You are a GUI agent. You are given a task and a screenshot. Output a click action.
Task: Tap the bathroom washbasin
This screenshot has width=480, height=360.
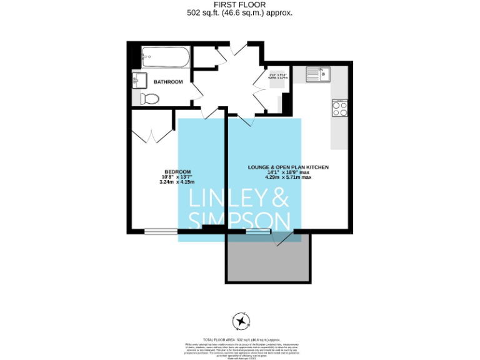(x=139, y=80)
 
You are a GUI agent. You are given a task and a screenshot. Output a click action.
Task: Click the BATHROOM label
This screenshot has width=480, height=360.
(x=168, y=82)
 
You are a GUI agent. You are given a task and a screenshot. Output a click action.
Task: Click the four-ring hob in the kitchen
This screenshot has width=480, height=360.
(x=340, y=109)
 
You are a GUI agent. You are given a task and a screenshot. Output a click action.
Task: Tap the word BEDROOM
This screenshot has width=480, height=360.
(x=177, y=172)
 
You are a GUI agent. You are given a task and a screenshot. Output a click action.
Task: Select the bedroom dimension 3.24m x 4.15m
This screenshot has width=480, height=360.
(x=177, y=182)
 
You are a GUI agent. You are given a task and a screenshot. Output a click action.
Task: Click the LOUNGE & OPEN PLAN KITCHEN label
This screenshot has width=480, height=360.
(x=288, y=167)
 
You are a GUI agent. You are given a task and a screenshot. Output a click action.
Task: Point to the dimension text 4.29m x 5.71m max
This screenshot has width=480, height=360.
(x=288, y=177)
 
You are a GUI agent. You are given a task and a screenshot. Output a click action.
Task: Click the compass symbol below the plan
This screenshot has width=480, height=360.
(x=241, y=321)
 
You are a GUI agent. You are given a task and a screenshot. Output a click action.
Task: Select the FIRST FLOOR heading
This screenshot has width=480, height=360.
(x=240, y=4)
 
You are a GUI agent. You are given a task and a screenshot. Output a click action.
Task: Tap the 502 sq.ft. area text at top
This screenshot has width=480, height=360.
(x=240, y=12)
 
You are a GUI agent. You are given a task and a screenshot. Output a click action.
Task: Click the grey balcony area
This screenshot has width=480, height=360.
(x=268, y=259)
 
